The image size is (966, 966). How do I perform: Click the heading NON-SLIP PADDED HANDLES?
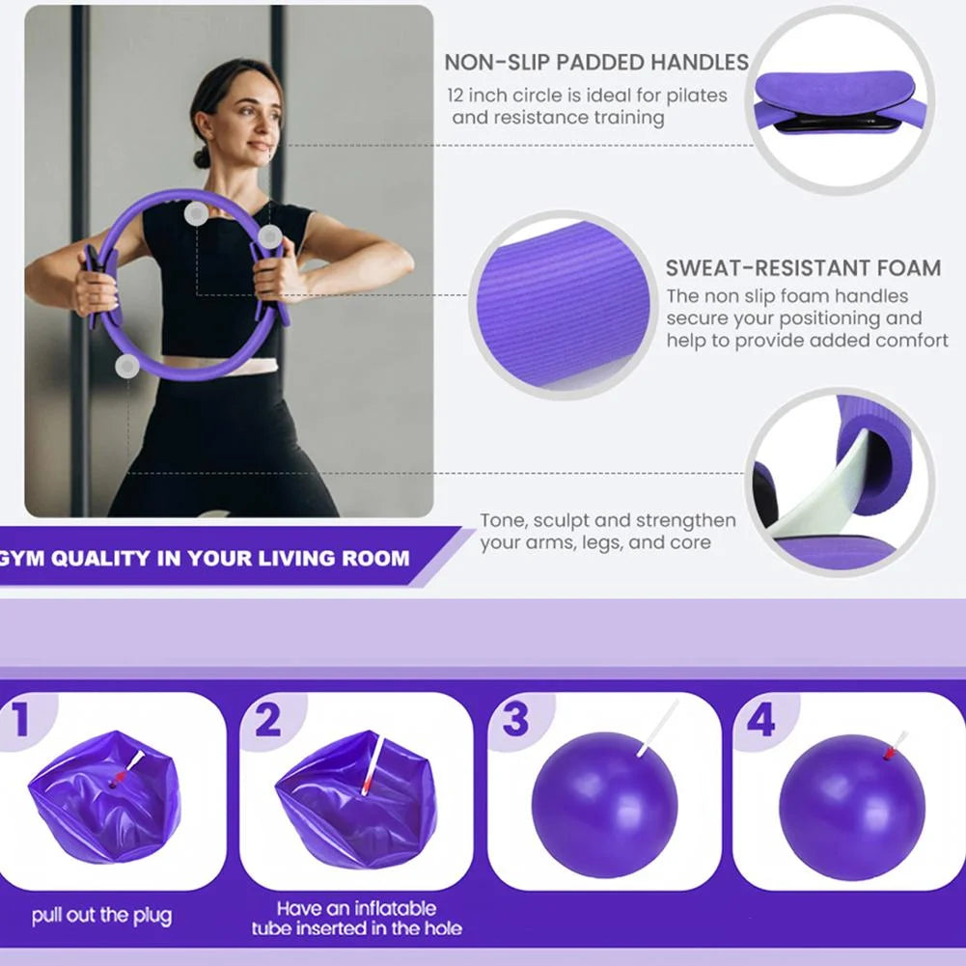pos(595,63)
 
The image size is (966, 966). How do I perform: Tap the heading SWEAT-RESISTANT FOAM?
pos(803,268)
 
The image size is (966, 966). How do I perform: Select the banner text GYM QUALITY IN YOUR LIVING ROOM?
pos(205,558)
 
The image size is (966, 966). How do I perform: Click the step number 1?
pos(20,720)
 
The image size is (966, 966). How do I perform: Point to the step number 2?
pos(267,720)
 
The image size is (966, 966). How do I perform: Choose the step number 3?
pos(515,720)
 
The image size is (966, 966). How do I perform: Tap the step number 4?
pos(760,720)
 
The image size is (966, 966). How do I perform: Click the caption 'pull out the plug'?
pos(101,915)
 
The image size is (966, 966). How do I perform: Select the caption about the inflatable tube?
pos(357,918)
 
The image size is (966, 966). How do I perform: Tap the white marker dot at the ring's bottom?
pos(126,366)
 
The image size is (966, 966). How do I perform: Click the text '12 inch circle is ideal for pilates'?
pos(587,96)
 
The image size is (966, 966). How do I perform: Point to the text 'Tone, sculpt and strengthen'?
pos(608,520)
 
